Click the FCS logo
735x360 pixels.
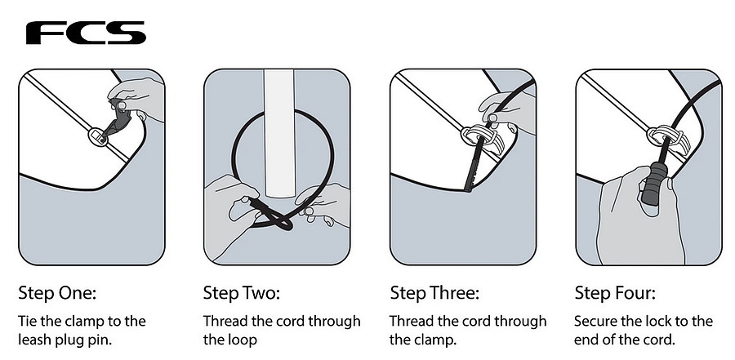pyautogui.click(x=86, y=33)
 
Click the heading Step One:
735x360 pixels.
pyautogui.click(x=56, y=293)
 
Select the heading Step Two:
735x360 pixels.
pyautogui.click(x=241, y=293)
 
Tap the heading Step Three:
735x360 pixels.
pyautogui.click(x=434, y=293)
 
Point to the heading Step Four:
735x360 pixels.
pyautogui.click(x=615, y=293)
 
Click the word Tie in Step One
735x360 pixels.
pyautogui.click(x=28, y=321)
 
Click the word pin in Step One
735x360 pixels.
pyautogui.click(x=100, y=340)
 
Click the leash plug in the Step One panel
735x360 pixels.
pyautogui.click(x=97, y=136)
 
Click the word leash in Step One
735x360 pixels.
pyautogui.click(x=38, y=340)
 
